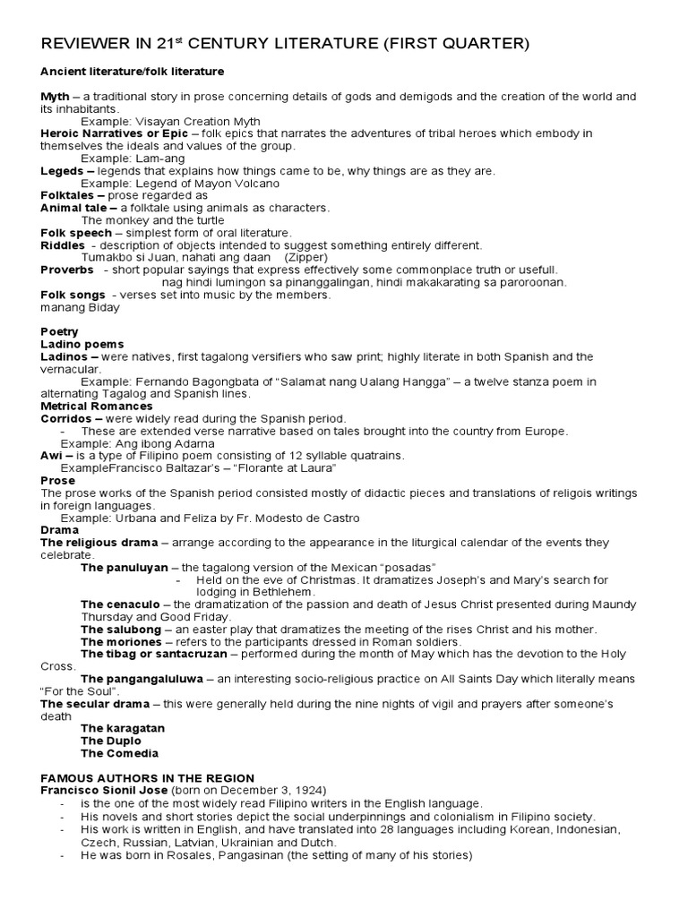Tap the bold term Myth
click(56, 96)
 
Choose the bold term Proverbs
click(67, 270)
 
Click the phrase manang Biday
click(80, 307)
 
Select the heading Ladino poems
click(82, 344)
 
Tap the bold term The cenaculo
click(119, 604)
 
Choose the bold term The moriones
click(119, 642)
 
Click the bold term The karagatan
click(123, 729)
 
